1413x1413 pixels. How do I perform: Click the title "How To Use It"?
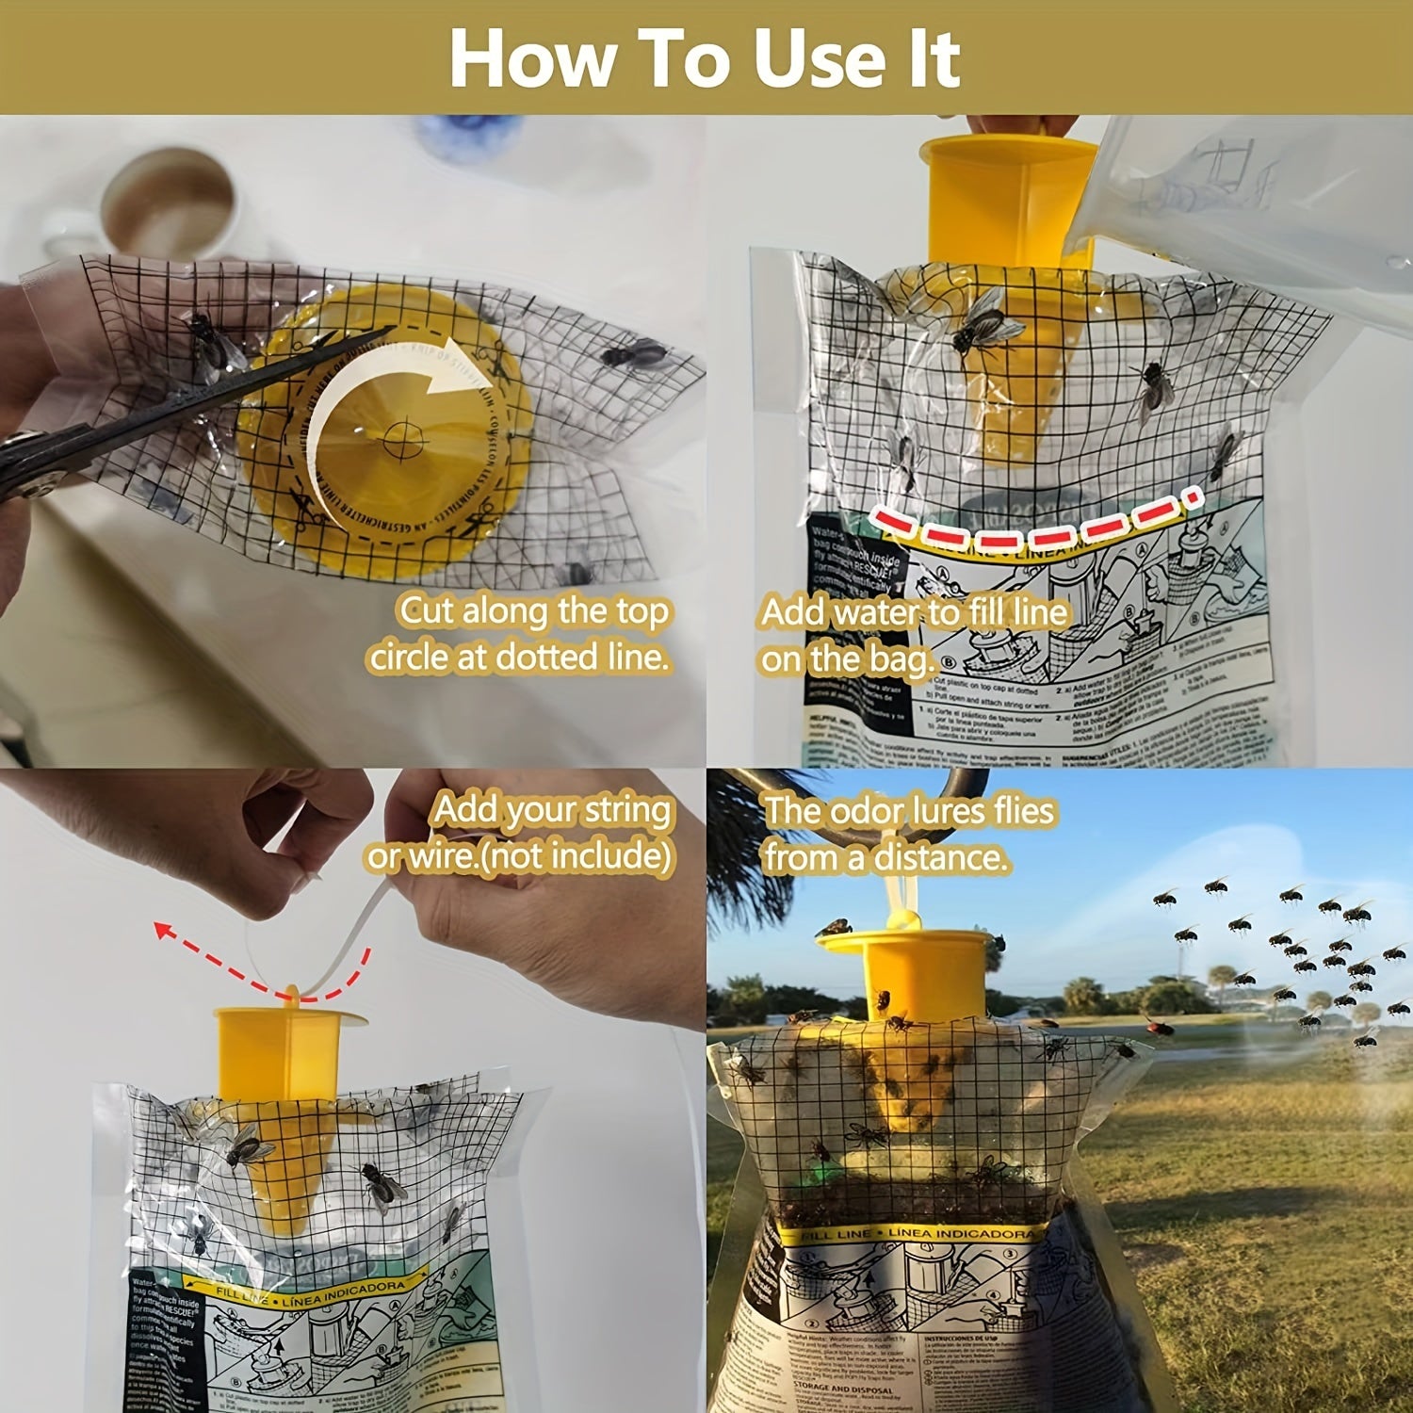(705, 58)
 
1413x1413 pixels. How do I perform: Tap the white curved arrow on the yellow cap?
(377, 414)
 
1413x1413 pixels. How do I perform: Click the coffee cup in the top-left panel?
(165, 203)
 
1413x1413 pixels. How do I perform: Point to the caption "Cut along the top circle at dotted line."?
(520, 633)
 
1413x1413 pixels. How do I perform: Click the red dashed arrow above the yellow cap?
(264, 966)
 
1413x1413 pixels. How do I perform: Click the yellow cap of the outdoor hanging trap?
(904, 970)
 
